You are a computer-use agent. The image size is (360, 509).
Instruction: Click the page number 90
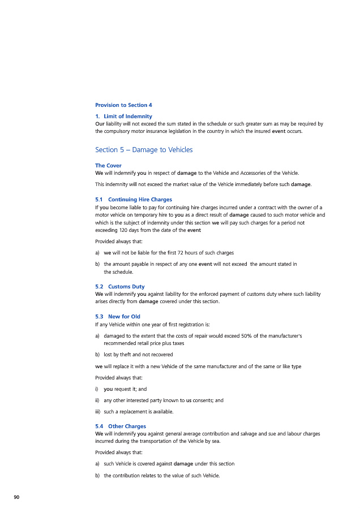[x=16, y=497]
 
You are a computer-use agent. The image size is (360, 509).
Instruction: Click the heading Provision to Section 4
[x=123, y=105]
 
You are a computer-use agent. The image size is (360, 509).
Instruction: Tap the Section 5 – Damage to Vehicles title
[x=144, y=150]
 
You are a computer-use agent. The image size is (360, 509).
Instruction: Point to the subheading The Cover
[x=108, y=166]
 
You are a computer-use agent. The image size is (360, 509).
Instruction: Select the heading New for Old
[x=124, y=317]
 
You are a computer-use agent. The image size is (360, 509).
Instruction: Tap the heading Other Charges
[x=127, y=426]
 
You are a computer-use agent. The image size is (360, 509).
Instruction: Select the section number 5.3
[x=99, y=317]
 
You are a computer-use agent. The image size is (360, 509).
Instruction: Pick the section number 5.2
[x=99, y=287]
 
